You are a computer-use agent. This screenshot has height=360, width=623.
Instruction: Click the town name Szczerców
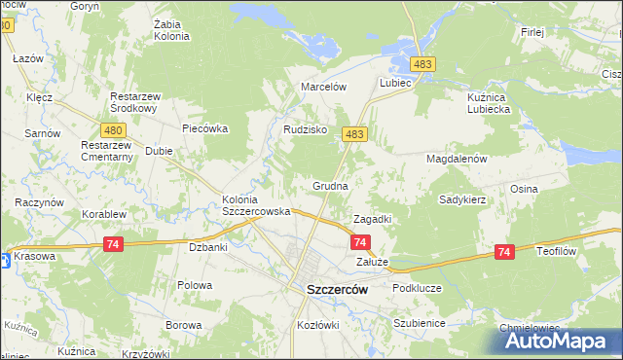coord(330,289)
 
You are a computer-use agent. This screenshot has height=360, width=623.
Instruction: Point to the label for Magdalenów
coord(456,158)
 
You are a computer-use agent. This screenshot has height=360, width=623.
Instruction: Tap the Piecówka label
coord(204,127)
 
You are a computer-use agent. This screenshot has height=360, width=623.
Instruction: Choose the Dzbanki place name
coord(207,247)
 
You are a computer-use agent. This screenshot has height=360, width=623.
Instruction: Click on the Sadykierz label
coord(462,198)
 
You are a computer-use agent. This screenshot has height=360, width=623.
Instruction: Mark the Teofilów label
coord(558,250)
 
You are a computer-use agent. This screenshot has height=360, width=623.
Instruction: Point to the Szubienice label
coord(419,323)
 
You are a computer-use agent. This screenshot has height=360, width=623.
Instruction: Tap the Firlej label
coord(531,32)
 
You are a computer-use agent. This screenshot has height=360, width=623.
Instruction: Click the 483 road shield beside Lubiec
coord(422,64)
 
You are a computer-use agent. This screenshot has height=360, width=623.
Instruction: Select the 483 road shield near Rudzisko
coord(354,135)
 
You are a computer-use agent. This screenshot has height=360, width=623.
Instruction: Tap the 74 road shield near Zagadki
coord(360,241)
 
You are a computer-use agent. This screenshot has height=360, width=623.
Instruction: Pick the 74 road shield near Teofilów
coord(503,252)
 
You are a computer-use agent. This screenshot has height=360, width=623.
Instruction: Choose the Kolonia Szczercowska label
coord(257,205)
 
